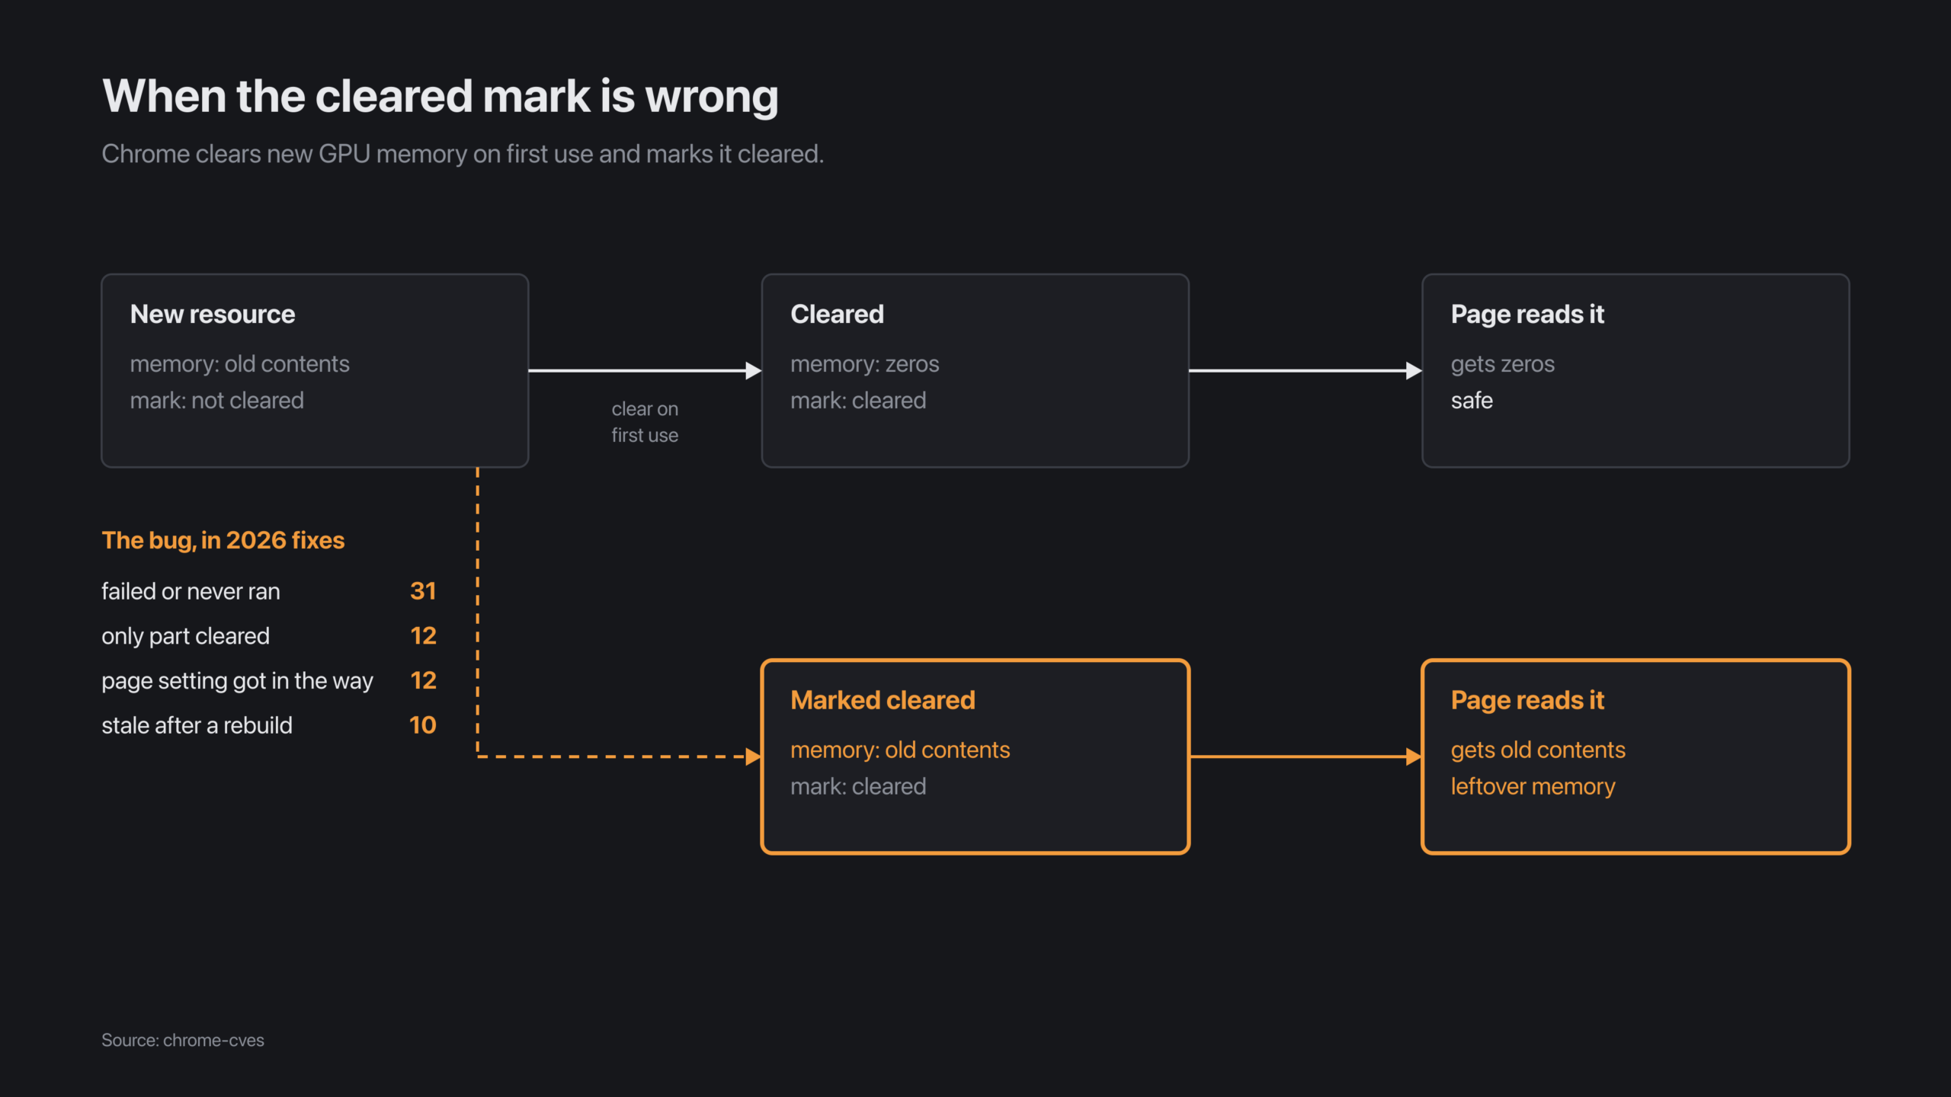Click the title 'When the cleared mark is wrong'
click(x=440, y=97)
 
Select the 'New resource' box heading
click(x=213, y=314)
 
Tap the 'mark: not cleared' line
click(x=217, y=401)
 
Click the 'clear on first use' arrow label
click(x=645, y=422)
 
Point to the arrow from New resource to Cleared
click(x=645, y=371)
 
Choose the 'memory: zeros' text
click(x=865, y=364)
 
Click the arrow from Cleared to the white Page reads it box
click(x=1305, y=371)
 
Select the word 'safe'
click(x=1472, y=401)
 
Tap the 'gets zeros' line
click(x=1503, y=365)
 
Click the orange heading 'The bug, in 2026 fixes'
click(x=223, y=540)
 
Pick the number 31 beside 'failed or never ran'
click(x=423, y=591)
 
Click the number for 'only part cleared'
click(x=423, y=636)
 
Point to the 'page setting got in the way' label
click(x=238, y=681)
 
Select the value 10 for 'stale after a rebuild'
click(x=423, y=725)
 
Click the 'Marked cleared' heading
click(x=883, y=700)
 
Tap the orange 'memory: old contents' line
click(x=900, y=750)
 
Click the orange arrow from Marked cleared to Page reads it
click(x=1305, y=756)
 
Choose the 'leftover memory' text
click(x=1533, y=787)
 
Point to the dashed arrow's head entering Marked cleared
click(x=754, y=756)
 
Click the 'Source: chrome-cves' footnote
click(x=183, y=1041)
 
